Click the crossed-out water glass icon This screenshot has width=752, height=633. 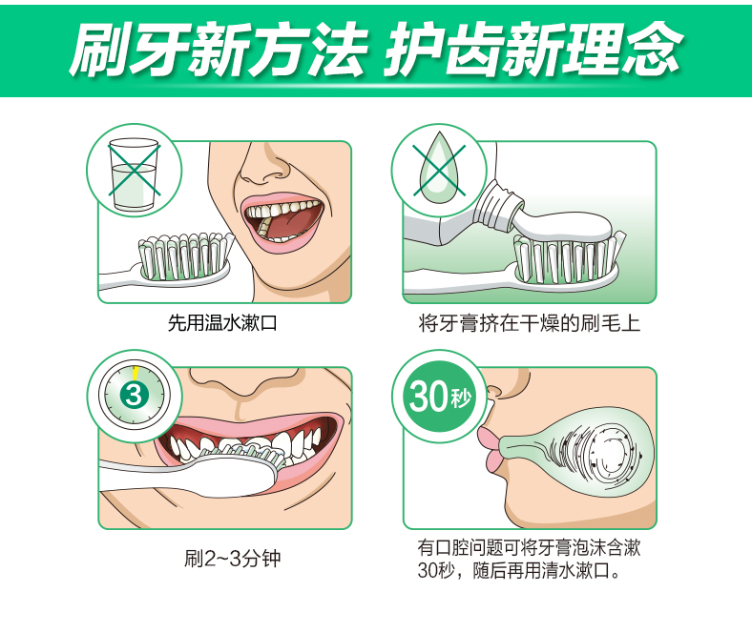(134, 171)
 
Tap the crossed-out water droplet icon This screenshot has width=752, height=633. (439, 170)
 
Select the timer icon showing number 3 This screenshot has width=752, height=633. (135, 396)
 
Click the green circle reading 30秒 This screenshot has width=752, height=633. (439, 396)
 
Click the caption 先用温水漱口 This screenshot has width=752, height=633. (222, 322)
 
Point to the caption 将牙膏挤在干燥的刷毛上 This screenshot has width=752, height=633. (529, 322)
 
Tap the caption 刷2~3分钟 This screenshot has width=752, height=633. (233, 559)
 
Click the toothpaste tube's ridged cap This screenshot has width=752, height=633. (495, 207)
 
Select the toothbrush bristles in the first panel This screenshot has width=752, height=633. (184, 255)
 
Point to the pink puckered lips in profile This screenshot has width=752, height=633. (491, 448)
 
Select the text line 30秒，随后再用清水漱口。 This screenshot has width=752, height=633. (519, 570)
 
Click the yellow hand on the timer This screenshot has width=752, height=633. (136, 373)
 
